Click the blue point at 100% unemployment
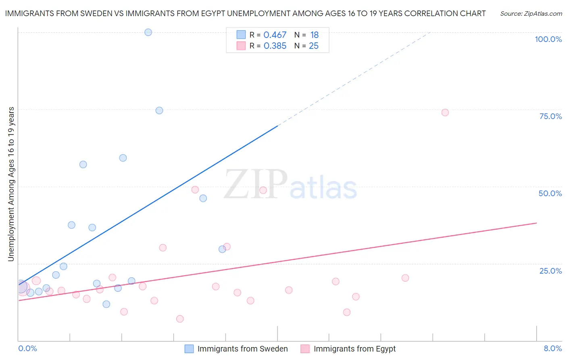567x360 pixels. [148, 32]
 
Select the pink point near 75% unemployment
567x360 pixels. [445, 113]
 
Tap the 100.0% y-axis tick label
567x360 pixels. [548, 39]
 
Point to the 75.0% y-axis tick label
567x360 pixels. [550, 116]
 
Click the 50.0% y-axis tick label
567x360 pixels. [550, 193]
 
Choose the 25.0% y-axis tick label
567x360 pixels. [550, 271]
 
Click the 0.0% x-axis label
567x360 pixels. [27, 348]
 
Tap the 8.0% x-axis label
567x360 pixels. [552, 348]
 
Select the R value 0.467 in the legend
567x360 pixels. [275, 35]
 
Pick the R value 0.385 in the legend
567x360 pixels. [275, 46]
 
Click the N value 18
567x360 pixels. [314, 35]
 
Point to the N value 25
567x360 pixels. [313, 46]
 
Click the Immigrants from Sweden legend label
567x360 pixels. [242, 349]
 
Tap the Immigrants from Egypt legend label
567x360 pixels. [354, 349]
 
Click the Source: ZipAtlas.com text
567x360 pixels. [531, 14]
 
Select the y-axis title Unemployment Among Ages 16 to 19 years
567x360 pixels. [11, 184]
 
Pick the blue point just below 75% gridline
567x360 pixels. [159, 111]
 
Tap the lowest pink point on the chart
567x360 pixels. [180, 319]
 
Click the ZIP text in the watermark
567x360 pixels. [256, 185]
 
